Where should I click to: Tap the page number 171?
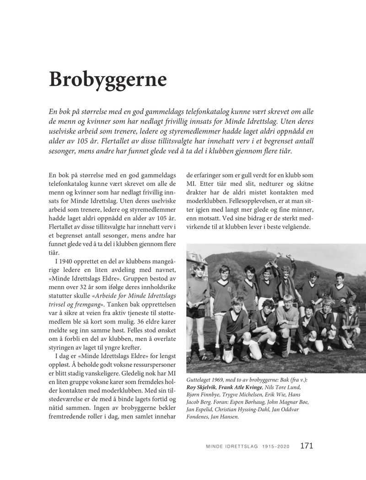pyautogui.click(x=307, y=446)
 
